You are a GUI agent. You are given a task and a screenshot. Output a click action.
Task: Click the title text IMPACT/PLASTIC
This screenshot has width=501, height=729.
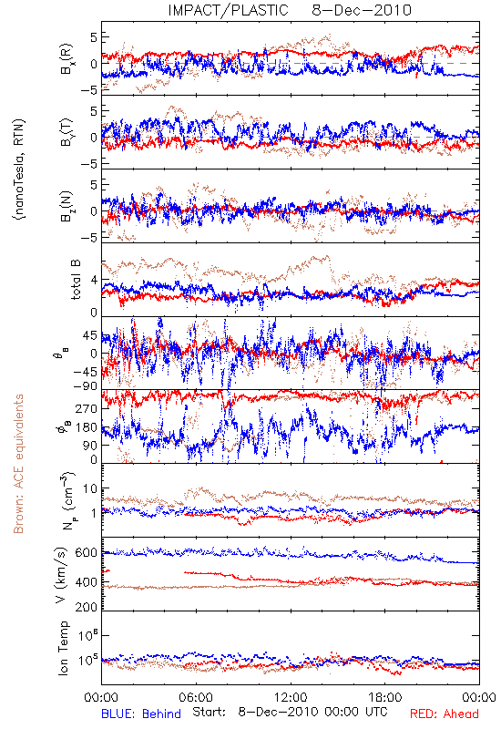(x=229, y=10)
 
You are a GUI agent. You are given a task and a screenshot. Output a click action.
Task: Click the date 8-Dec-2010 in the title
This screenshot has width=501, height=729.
(x=362, y=10)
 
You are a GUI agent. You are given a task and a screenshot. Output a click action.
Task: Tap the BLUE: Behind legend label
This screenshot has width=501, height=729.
(x=141, y=714)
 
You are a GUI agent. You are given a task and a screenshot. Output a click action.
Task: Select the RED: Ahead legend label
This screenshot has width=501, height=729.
(x=445, y=714)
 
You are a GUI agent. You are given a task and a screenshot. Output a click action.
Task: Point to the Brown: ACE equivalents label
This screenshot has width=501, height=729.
(x=18, y=464)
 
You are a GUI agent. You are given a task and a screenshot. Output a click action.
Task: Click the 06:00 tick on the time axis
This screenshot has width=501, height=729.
(x=196, y=697)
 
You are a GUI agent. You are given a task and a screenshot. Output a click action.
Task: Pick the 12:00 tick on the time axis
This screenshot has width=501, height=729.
(x=291, y=697)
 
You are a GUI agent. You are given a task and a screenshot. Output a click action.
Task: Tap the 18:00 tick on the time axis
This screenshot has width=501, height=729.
(x=385, y=697)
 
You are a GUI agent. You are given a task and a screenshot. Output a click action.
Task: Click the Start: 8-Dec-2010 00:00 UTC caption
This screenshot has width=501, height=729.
(x=290, y=712)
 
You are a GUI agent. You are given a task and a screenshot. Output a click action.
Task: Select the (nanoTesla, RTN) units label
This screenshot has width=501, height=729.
(x=19, y=169)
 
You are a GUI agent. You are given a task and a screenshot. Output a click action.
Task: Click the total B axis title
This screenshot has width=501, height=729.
(x=75, y=280)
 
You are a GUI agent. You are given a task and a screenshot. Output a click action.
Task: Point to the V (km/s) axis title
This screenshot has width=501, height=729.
(x=61, y=575)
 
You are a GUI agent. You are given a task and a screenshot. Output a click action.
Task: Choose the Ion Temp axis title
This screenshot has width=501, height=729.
(x=63, y=648)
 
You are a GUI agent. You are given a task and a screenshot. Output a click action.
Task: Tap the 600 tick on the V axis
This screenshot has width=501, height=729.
(x=87, y=552)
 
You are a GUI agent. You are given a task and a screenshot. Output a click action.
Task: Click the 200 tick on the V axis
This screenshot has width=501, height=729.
(x=87, y=606)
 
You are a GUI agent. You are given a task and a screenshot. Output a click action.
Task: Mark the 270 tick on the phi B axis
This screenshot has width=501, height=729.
(x=87, y=408)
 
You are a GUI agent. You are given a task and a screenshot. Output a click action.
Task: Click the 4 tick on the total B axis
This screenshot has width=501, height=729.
(x=94, y=280)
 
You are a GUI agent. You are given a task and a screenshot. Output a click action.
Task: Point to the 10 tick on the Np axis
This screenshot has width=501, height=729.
(x=90, y=488)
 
